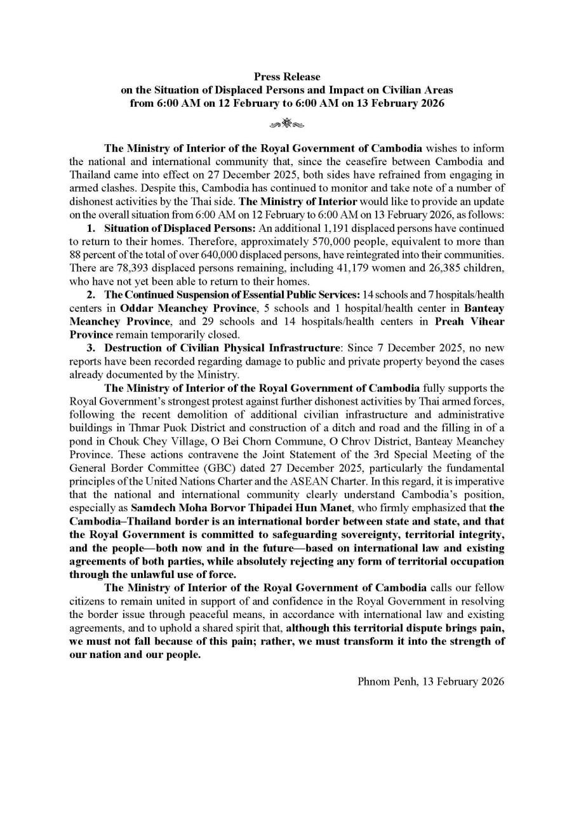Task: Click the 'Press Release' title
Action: point(287,77)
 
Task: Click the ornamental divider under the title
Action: point(287,123)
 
